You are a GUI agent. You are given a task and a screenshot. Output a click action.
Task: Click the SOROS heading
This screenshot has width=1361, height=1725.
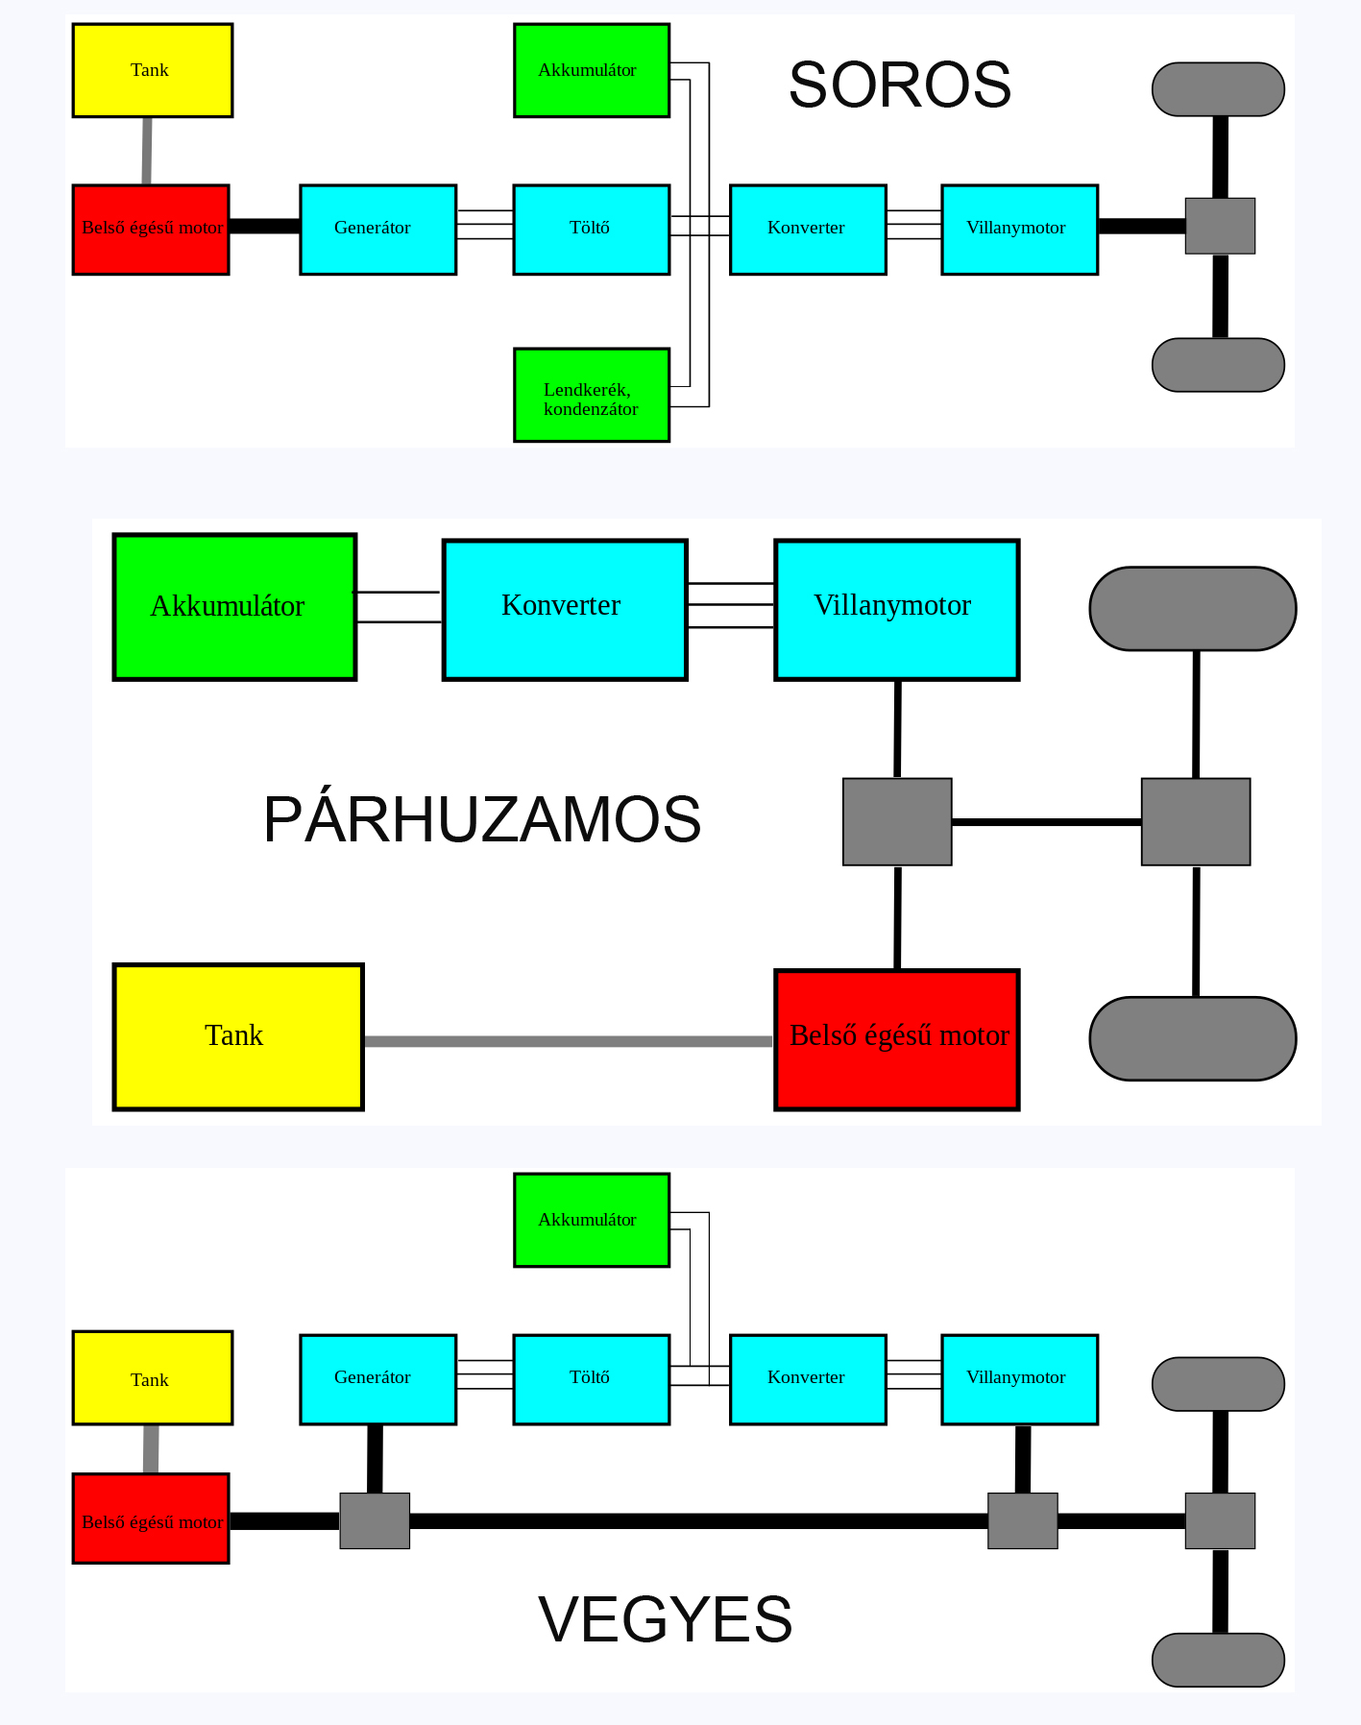pyautogui.click(x=899, y=85)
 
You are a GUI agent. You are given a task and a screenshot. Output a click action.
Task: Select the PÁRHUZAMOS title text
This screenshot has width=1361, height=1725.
pyautogui.click(x=482, y=820)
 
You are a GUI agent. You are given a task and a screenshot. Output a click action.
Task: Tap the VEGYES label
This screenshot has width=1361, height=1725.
pyautogui.click(x=665, y=1619)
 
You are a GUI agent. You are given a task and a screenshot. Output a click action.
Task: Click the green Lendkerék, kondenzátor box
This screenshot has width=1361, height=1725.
pyautogui.click(x=592, y=395)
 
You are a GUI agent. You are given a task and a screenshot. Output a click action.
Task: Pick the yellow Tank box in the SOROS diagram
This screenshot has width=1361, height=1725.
pyautogui.click(x=152, y=70)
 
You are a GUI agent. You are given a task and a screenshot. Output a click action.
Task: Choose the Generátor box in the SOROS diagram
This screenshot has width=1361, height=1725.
pyautogui.click(x=377, y=230)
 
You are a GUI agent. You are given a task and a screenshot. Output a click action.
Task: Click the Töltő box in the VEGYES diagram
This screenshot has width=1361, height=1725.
pyautogui.click(x=591, y=1379)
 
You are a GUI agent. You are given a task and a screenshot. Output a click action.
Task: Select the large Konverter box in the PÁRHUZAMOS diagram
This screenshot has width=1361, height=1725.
pyautogui.click(x=565, y=610)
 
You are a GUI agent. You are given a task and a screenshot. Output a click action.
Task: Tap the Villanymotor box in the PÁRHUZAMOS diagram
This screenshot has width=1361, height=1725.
pyautogui.click(x=896, y=610)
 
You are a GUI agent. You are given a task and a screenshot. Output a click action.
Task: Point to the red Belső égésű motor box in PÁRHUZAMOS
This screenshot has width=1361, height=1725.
pyautogui.click(x=896, y=1039)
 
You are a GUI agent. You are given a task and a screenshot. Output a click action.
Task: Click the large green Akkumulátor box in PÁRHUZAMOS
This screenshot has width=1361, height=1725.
pyautogui.click(x=234, y=607)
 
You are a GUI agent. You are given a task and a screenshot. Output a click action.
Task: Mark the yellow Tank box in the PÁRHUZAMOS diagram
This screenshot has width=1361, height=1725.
pyautogui.click(x=238, y=1036)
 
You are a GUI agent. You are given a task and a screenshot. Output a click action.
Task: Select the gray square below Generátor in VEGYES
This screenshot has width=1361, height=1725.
pyautogui.click(x=375, y=1520)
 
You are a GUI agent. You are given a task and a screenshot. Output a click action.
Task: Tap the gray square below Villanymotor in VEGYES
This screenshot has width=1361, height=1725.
pyautogui.click(x=1022, y=1520)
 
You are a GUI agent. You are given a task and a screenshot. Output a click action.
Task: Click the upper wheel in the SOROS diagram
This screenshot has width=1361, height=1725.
pyautogui.click(x=1218, y=89)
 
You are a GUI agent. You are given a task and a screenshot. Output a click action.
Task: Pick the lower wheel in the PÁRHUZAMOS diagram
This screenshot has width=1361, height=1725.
pyautogui.click(x=1192, y=1038)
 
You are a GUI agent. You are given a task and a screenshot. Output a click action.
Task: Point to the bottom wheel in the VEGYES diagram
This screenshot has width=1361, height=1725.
pyautogui.click(x=1218, y=1660)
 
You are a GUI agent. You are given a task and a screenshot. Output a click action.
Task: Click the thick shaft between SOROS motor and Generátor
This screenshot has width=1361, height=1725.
pyautogui.click(x=264, y=227)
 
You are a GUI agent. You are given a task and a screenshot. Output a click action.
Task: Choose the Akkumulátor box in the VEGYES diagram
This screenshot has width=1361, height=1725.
pyautogui.click(x=591, y=1220)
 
